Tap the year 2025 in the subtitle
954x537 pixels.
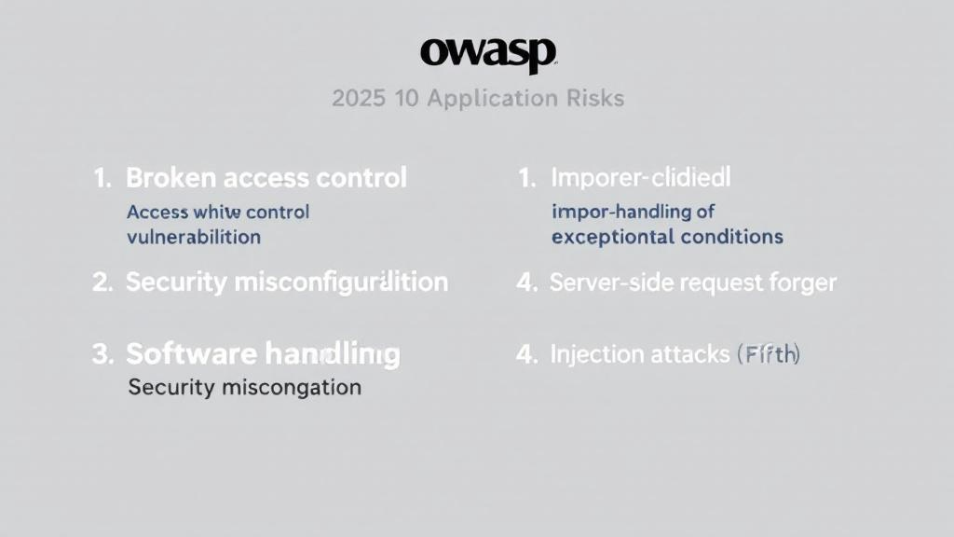[x=359, y=98]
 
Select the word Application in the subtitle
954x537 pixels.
[x=489, y=98]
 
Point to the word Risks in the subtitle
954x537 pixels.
[x=593, y=98]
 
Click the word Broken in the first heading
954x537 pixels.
[x=164, y=177]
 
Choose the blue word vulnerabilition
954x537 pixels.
[x=194, y=236]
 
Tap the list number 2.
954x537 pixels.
[x=102, y=282]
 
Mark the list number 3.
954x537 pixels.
[x=102, y=353]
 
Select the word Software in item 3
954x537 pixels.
[x=191, y=353]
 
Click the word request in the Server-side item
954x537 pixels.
[x=715, y=282]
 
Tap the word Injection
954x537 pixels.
[x=596, y=353]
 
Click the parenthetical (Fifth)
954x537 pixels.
[x=768, y=353]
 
